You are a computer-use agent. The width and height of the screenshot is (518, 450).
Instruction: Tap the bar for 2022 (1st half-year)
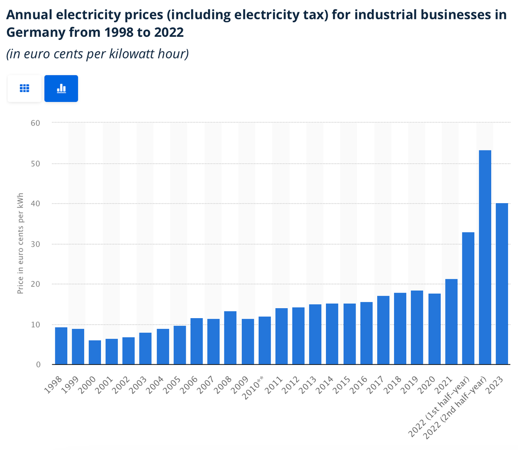coord(468,298)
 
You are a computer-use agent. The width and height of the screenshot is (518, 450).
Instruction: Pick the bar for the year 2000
coord(95,352)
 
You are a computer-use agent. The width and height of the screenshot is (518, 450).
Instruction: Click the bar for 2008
coord(231,338)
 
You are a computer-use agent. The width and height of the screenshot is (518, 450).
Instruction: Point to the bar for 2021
coord(452,322)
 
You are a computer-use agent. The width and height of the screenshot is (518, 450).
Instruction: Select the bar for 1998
coord(61,346)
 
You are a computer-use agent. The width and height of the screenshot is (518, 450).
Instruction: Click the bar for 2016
coord(366,333)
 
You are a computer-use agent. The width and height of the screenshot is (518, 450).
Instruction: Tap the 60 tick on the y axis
coord(35,123)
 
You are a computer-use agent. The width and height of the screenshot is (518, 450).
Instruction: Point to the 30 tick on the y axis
coord(35,244)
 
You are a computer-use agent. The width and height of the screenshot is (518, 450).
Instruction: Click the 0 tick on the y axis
coord(38,365)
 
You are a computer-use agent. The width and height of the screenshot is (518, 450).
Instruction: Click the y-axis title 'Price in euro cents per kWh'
coord(20,243)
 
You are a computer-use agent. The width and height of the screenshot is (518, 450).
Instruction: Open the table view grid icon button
coord(25,89)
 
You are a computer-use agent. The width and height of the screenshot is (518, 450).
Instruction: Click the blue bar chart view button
coord(61,89)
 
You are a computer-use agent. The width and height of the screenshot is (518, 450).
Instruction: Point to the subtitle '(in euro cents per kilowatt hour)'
coord(98,54)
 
